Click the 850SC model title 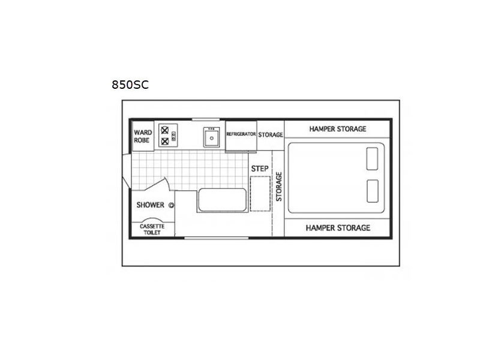[130, 85]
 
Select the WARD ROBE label [143, 136]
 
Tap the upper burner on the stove [164, 130]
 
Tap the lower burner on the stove [164, 142]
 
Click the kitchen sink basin [212, 138]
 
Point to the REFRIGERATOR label [241, 134]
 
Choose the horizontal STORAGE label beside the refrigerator [271, 134]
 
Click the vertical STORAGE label [279, 187]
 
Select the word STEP [260, 169]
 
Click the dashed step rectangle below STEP [260, 194]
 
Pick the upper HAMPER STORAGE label [338, 129]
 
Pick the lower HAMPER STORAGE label [338, 228]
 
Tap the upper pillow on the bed [372, 158]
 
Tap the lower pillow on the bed [372, 191]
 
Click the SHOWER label [151, 205]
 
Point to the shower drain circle [171, 205]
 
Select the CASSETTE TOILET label [152, 230]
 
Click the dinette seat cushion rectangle [222, 200]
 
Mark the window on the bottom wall [216, 238]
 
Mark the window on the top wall [206, 119]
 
